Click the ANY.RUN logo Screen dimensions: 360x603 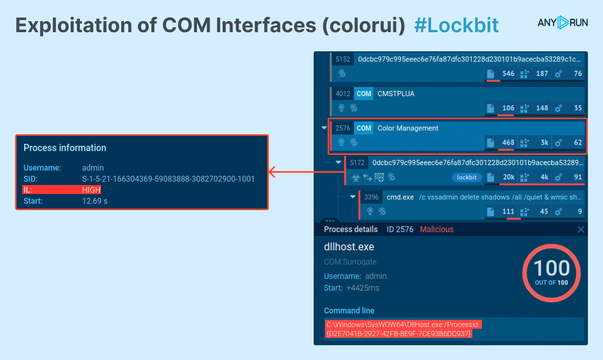(562, 23)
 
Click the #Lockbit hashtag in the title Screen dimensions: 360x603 (456, 25)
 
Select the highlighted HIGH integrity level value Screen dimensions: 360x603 (91, 190)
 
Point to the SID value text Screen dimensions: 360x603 (168, 178)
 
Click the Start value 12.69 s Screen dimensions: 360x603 (95, 201)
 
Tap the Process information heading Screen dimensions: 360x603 (65, 148)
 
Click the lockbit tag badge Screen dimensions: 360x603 (467, 177)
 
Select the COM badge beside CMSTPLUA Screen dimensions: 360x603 (364, 94)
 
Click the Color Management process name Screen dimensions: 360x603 (408, 128)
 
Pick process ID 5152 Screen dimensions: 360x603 (343, 59)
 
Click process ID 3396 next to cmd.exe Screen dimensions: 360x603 (371, 197)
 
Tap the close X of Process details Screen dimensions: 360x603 (581, 229)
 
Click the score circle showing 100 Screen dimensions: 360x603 (551, 272)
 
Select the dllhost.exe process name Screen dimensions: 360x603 (349, 247)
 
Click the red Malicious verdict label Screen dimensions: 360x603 (436, 229)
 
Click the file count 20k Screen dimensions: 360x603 (508, 177)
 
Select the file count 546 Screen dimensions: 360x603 (508, 73)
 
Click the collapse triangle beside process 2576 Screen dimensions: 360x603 (324, 128)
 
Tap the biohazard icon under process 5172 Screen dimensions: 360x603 (355, 177)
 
